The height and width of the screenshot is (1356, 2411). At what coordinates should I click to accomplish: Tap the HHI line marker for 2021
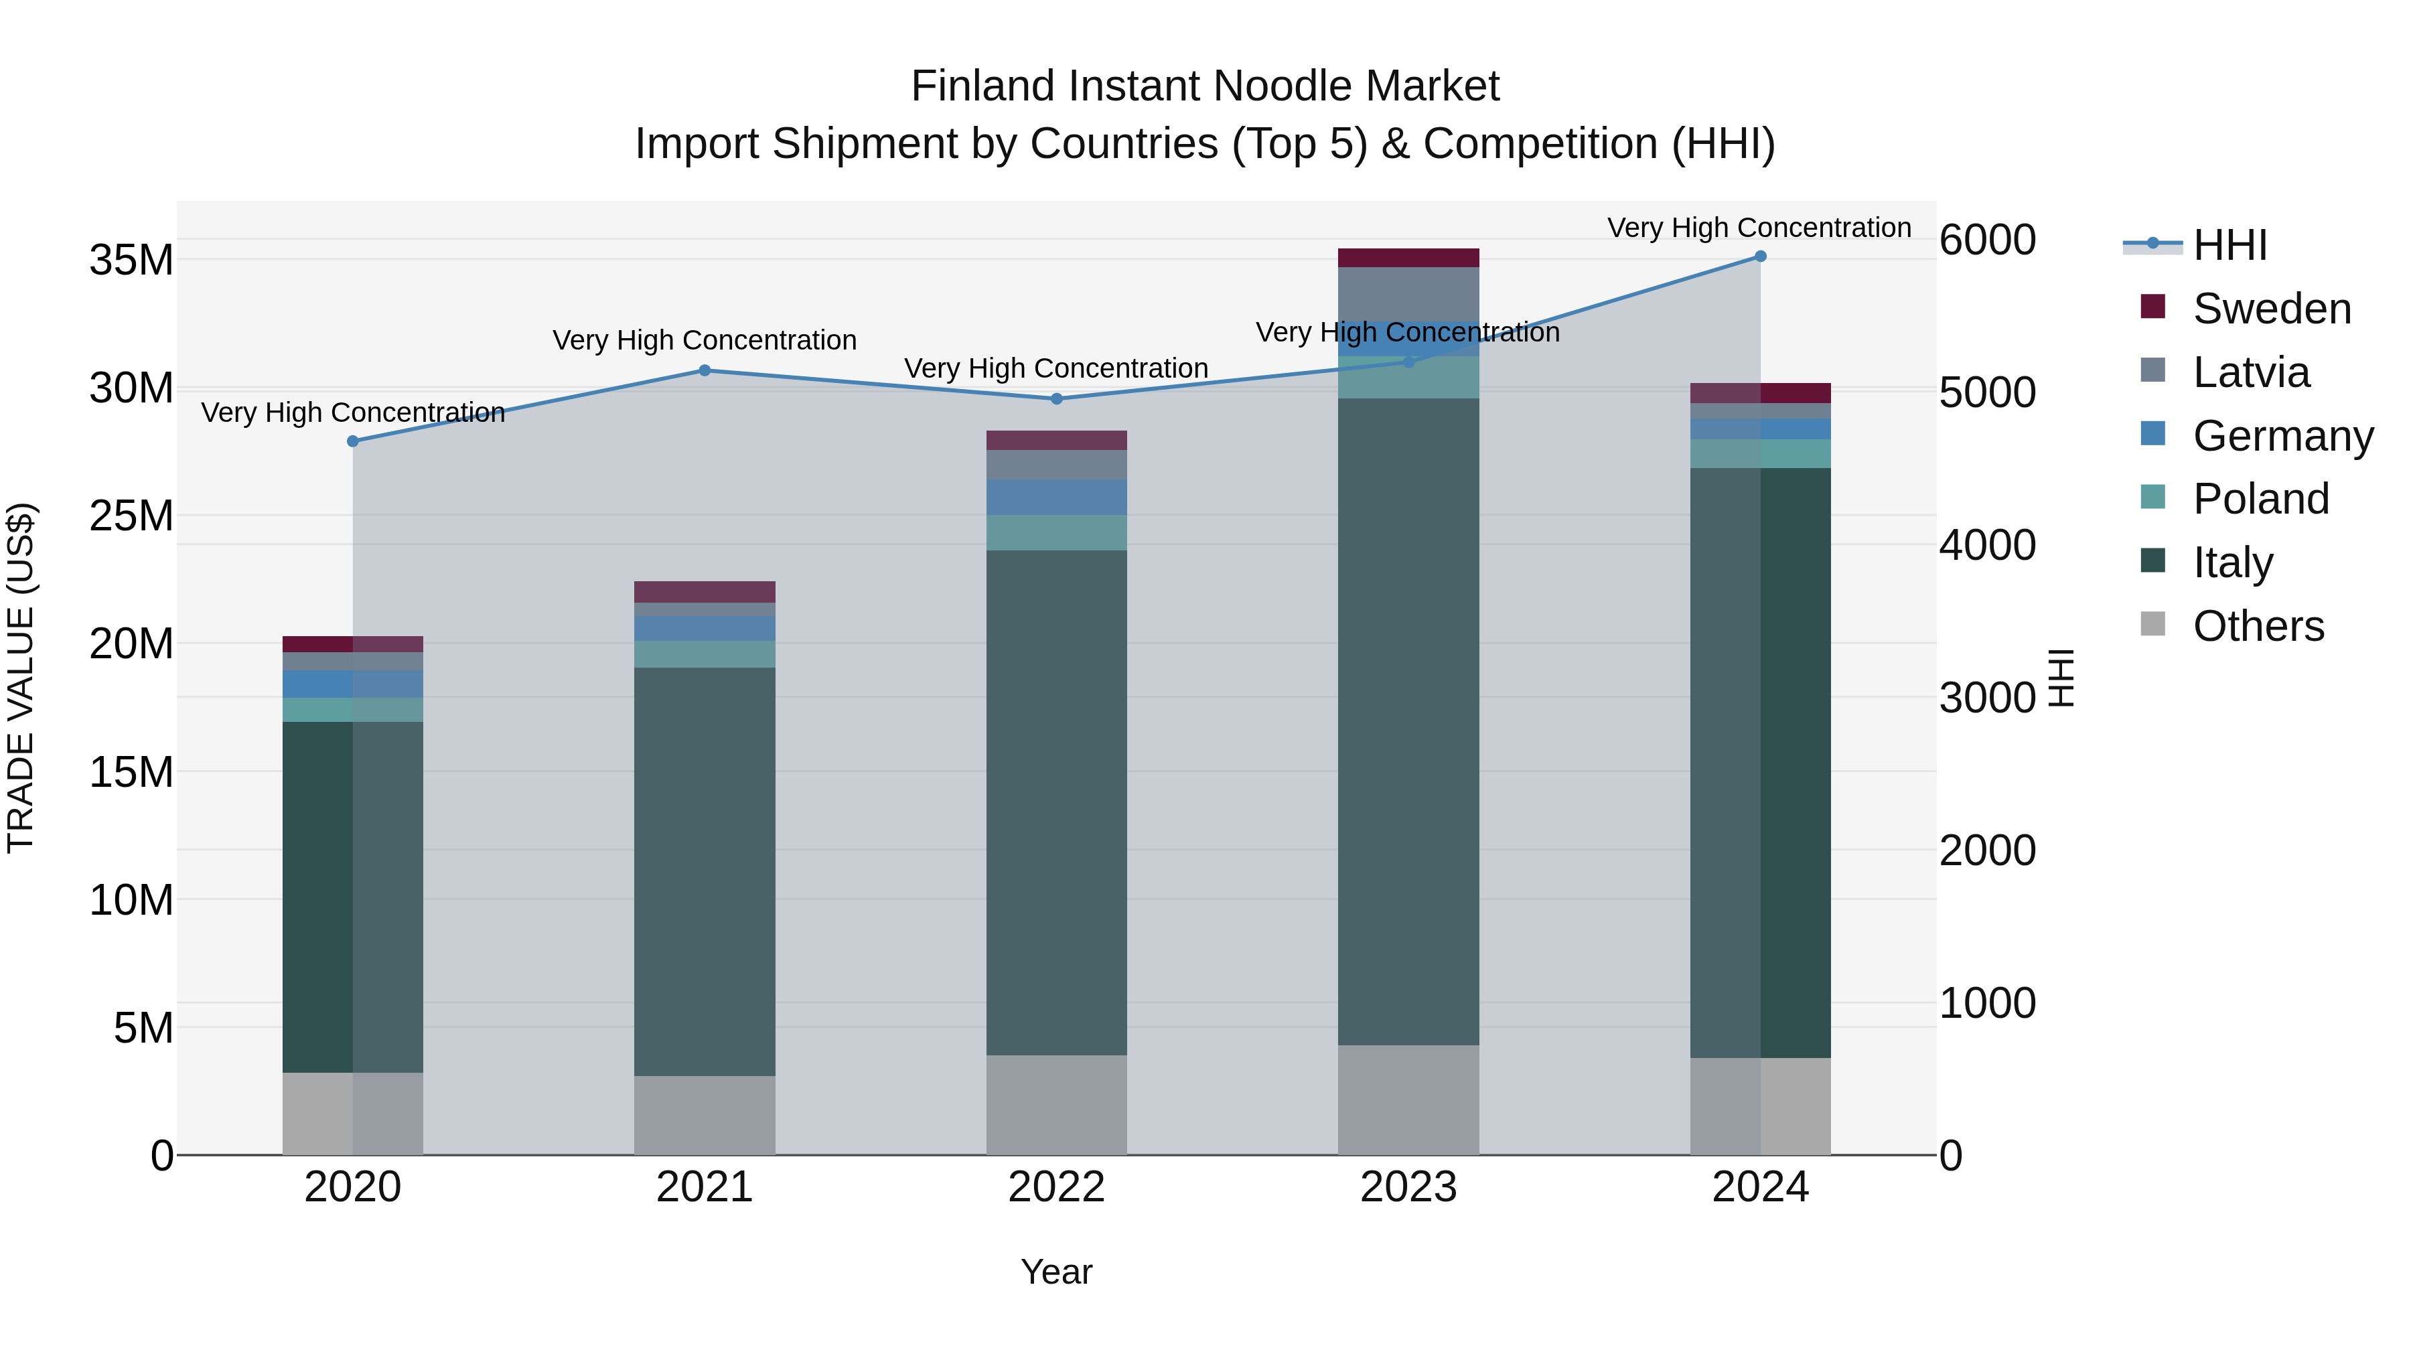pyautogui.click(x=705, y=370)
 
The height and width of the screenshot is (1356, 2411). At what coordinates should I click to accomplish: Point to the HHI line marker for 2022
pyautogui.click(x=1057, y=398)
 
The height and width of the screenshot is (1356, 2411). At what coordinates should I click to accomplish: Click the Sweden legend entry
pyautogui.click(x=2272, y=309)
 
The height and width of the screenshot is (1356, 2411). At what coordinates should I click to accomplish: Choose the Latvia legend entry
pyautogui.click(x=2251, y=372)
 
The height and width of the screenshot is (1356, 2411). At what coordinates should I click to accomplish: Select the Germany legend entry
pyautogui.click(x=2283, y=436)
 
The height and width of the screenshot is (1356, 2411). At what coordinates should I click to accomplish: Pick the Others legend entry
pyautogui.click(x=2258, y=626)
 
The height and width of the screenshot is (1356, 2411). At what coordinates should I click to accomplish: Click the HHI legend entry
pyautogui.click(x=2230, y=245)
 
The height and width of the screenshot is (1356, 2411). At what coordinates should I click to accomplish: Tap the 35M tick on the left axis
pyautogui.click(x=131, y=260)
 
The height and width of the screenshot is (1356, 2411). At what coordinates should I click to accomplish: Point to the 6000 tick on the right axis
pyautogui.click(x=1987, y=240)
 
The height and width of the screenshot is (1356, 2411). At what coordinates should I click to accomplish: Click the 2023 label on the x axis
pyautogui.click(x=1408, y=1187)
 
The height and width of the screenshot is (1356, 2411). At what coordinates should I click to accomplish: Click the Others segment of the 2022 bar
pyautogui.click(x=1057, y=1104)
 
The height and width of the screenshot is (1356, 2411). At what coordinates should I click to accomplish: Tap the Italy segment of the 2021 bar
pyautogui.click(x=705, y=871)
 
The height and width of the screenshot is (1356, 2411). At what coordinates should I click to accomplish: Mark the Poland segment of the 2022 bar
pyautogui.click(x=1057, y=532)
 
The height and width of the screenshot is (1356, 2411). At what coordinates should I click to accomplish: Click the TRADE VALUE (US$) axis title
pyautogui.click(x=21, y=678)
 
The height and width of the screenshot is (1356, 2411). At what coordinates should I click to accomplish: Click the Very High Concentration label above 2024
pyautogui.click(x=1759, y=228)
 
